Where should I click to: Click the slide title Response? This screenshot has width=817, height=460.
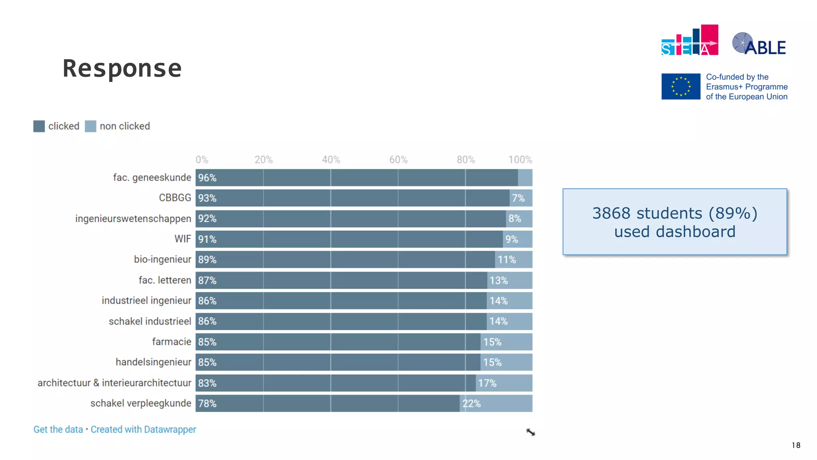(x=122, y=68)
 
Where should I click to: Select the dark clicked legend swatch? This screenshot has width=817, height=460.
(x=39, y=126)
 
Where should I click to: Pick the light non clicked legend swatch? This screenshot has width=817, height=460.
(x=91, y=126)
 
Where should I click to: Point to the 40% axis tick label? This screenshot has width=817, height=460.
(x=331, y=160)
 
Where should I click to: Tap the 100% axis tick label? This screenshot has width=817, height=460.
(x=520, y=160)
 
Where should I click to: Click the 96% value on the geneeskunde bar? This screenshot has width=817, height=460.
(x=207, y=178)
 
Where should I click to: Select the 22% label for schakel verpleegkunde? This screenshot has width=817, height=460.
(x=471, y=404)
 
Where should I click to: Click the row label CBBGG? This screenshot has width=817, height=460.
(x=175, y=198)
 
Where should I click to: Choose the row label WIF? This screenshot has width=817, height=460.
(x=183, y=239)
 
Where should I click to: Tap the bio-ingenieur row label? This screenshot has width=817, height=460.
(x=162, y=260)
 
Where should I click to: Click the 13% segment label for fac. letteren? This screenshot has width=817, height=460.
(x=499, y=280)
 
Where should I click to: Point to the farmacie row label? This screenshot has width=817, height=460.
(x=172, y=342)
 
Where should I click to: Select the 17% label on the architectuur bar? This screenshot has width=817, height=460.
(x=487, y=383)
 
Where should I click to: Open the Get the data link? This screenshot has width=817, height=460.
(x=58, y=429)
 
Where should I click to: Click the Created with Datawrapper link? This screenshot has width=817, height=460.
(x=143, y=429)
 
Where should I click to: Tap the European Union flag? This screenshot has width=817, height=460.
(x=681, y=86)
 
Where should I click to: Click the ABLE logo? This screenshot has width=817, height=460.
(x=759, y=44)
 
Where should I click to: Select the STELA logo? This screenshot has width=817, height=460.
(x=689, y=40)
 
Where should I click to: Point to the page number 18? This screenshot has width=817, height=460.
(x=796, y=445)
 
